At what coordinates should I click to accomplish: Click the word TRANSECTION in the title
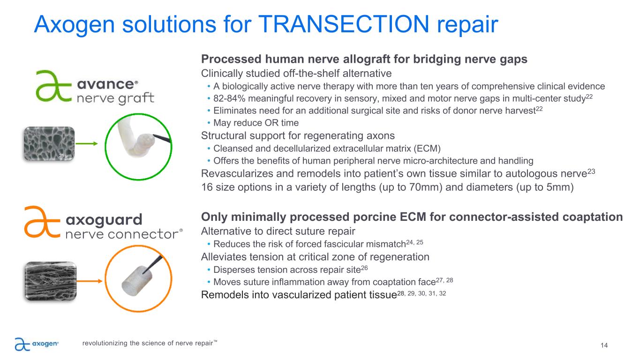coord(344,24)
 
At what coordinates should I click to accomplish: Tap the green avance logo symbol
coord(53,86)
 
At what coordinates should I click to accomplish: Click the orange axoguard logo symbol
coord(42,222)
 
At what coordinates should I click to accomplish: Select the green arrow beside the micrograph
coord(87,143)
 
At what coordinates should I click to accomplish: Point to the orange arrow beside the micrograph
coord(90,281)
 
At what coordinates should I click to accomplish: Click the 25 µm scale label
coord(65,156)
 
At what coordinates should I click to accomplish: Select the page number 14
coord(604,345)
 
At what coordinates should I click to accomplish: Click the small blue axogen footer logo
coord(37,344)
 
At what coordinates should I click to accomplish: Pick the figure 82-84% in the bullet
coord(229,98)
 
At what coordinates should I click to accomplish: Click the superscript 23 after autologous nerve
coord(591,172)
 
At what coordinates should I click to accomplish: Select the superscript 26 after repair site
coord(364,268)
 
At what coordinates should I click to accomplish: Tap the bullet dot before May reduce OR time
coord(209,123)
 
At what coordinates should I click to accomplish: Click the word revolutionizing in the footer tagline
coord(105,343)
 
